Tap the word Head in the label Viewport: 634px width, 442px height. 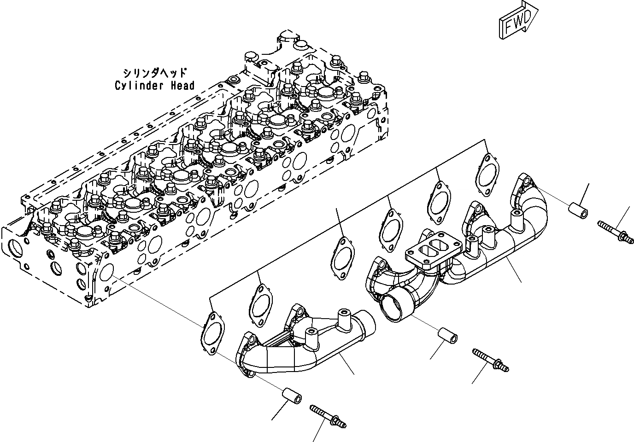tap(183, 86)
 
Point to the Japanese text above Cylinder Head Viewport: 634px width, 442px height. tap(155, 73)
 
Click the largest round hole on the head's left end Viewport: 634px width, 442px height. tap(14, 251)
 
